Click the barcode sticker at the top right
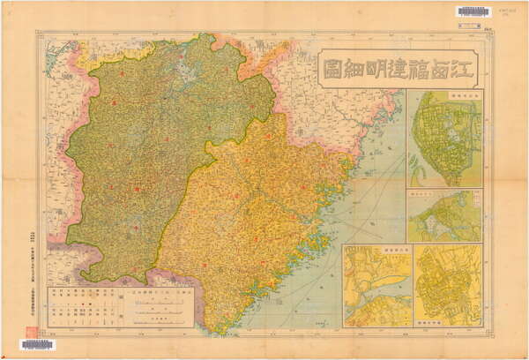pyautogui.click(x=473, y=11)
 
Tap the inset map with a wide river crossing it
pyautogui.click(x=377, y=287)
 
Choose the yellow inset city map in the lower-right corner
pyautogui.click(x=449, y=287)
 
